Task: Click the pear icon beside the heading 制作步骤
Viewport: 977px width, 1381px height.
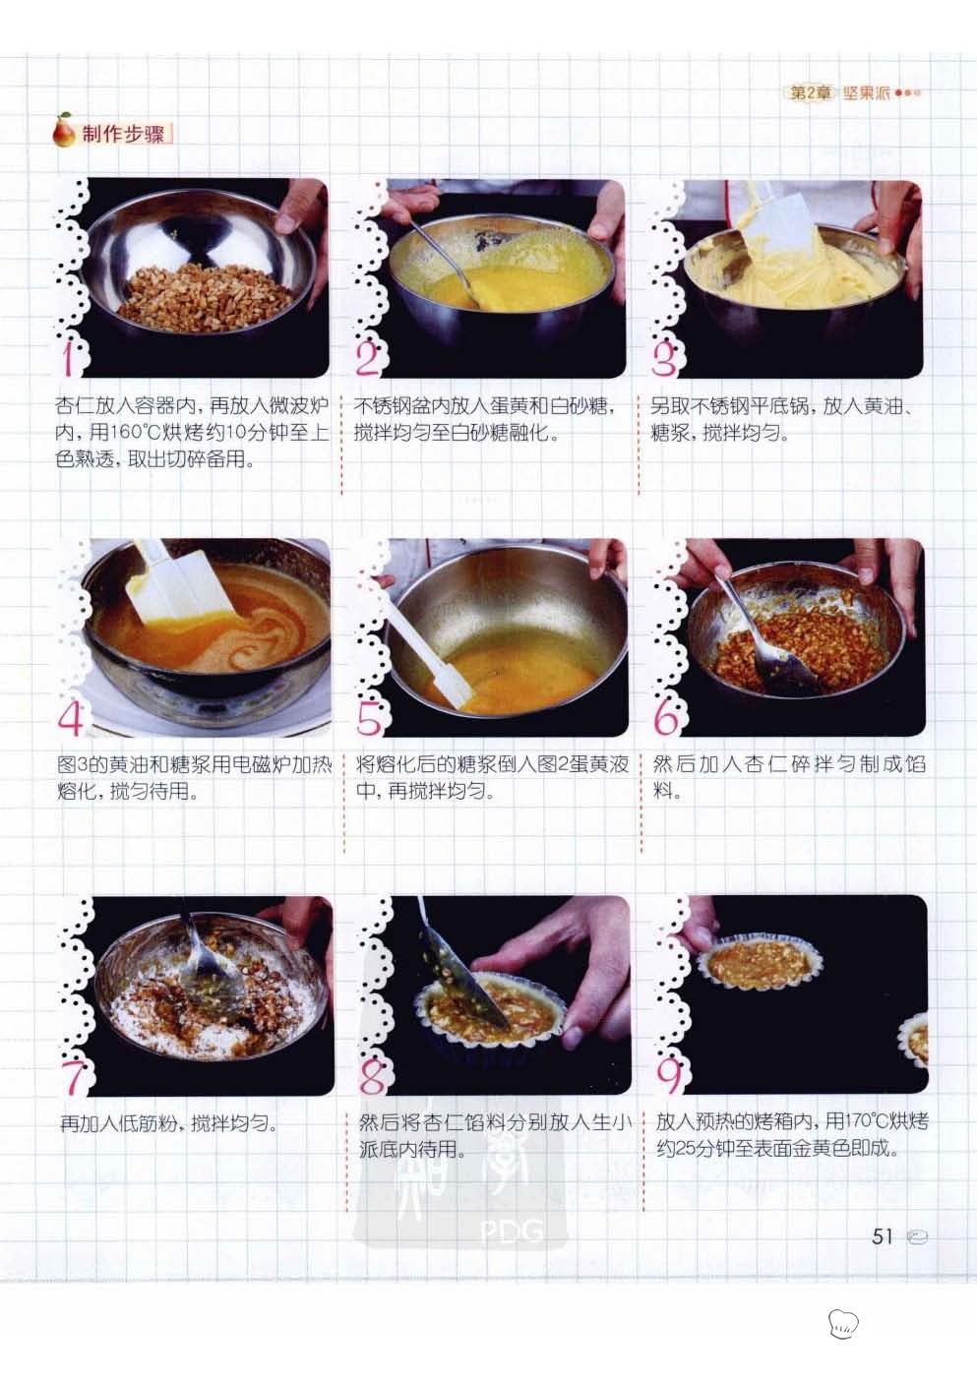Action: coord(64,131)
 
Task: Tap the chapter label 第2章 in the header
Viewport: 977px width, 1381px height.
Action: coord(809,93)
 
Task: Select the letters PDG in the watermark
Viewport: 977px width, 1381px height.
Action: coord(512,1231)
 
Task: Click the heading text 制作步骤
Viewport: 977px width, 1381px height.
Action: coord(123,134)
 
